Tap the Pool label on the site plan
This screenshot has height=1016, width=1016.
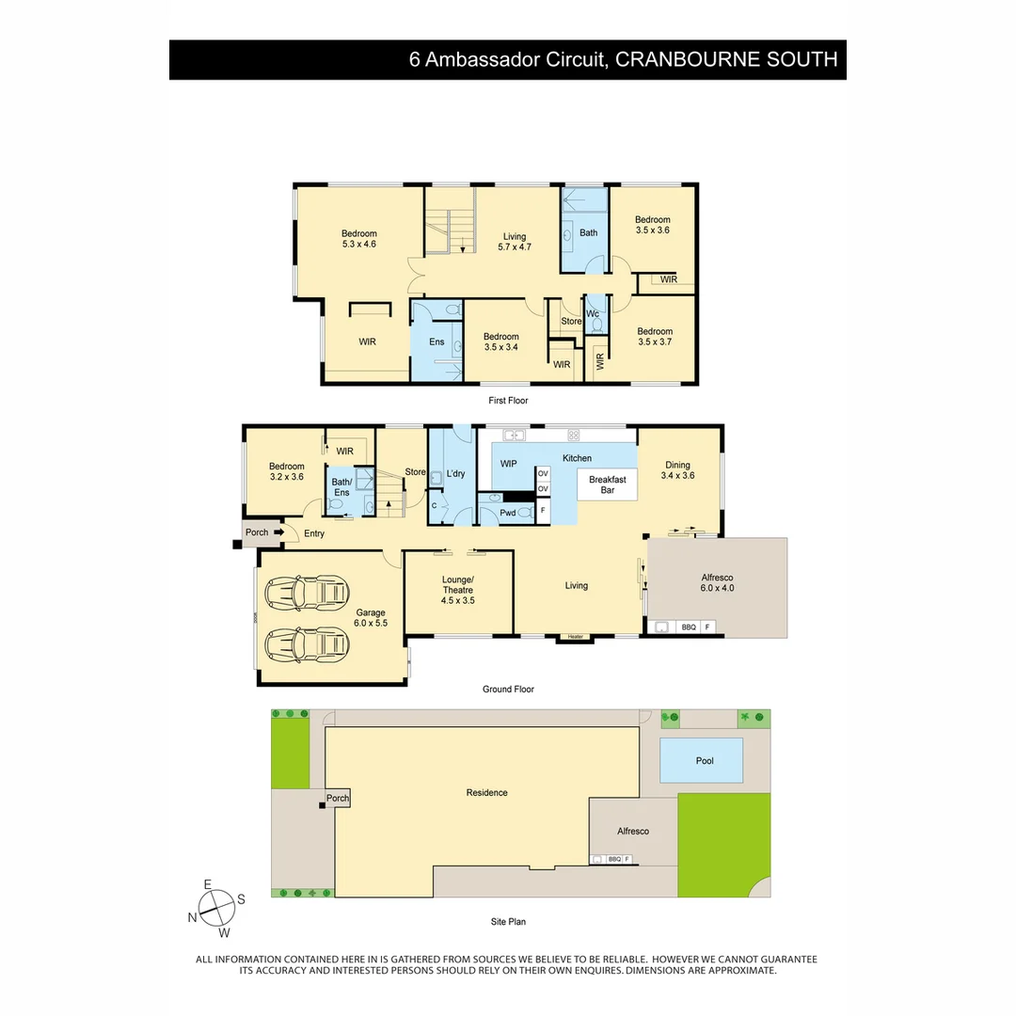pyautogui.click(x=705, y=761)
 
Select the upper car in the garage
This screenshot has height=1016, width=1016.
pyautogui.click(x=308, y=592)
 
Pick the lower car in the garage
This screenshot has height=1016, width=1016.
pyautogui.click(x=308, y=644)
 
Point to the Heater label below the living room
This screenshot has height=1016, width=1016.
pyautogui.click(x=576, y=637)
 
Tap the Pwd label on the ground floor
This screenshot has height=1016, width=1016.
pyautogui.click(x=507, y=513)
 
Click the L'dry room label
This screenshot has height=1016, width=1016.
pyautogui.click(x=456, y=473)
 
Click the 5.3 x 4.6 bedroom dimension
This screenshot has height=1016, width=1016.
pyautogui.click(x=358, y=245)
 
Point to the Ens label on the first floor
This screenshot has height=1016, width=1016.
pyautogui.click(x=437, y=341)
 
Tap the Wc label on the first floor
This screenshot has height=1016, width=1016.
pyautogui.click(x=593, y=313)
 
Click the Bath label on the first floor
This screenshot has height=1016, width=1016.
pyautogui.click(x=588, y=232)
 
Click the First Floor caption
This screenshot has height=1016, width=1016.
pyautogui.click(x=508, y=401)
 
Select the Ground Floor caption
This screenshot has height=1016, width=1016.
pyautogui.click(x=508, y=690)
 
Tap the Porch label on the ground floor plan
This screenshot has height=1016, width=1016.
pyautogui.click(x=257, y=532)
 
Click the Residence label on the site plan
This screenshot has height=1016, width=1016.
pyautogui.click(x=486, y=792)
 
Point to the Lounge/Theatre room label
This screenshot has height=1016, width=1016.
pyautogui.click(x=458, y=589)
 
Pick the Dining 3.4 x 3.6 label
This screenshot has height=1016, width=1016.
pyautogui.click(x=677, y=470)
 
